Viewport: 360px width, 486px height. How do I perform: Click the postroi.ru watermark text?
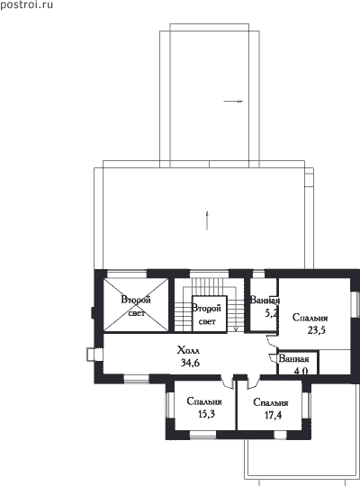coord(27,5)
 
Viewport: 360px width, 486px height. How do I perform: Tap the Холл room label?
coord(188,351)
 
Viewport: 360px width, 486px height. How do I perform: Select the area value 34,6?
coord(190,363)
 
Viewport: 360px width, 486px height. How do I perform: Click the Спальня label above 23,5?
coord(310,318)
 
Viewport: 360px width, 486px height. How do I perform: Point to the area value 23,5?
coord(317,330)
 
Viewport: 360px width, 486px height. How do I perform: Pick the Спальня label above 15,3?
coord(204,401)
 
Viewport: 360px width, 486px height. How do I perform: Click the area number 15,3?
coord(206,414)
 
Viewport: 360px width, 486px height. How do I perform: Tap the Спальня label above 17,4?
coord(271,402)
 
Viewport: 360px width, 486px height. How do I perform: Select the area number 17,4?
coord(274,415)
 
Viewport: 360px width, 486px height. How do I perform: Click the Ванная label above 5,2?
coord(265,301)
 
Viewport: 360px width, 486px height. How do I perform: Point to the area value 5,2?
coord(271,313)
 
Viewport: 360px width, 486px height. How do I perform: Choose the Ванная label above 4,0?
coord(294,359)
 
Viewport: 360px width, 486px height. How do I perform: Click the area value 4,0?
coord(301,371)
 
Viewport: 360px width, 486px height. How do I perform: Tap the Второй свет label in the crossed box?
coord(136,306)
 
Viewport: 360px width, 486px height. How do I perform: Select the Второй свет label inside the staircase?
coord(206,315)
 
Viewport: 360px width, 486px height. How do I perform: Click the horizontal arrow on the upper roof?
coord(233,101)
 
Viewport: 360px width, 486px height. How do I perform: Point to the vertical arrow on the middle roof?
coord(207,220)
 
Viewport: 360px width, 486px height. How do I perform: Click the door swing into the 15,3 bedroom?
coord(227,382)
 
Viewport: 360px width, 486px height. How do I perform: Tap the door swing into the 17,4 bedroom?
coord(253,382)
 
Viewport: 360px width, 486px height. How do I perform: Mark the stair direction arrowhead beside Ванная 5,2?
coord(236,328)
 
